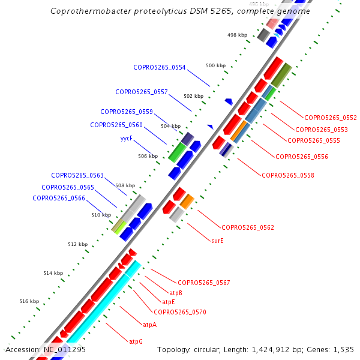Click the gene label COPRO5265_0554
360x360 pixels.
(x=159, y=67)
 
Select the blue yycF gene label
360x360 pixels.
(x=126, y=139)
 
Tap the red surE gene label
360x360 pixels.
(x=217, y=241)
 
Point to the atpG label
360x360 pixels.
(x=136, y=341)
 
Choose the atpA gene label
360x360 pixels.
(x=149, y=325)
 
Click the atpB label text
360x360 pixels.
(x=176, y=293)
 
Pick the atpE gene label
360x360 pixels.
(x=168, y=302)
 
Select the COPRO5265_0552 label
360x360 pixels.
(x=331, y=118)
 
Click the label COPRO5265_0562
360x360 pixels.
(x=248, y=227)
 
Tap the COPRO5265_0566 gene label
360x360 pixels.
(x=58, y=198)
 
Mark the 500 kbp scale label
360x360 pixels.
(x=215, y=65)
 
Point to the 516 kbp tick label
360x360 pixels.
(x=29, y=301)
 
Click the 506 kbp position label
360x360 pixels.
(x=148, y=156)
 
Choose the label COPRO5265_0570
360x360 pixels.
(x=180, y=312)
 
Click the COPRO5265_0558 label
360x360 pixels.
(x=288, y=175)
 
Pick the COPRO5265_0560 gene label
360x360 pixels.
(x=116, y=125)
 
